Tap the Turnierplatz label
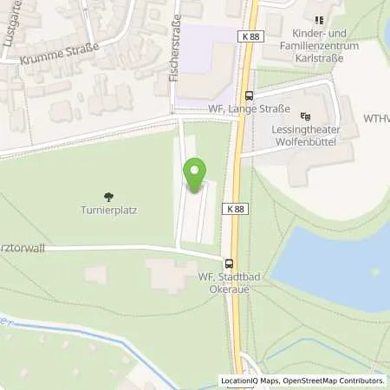(107, 210)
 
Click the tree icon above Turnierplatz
(107, 197)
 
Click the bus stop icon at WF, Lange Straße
(250, 96)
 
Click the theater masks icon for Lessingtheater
(304, 116)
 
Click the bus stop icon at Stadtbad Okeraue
(229, 264)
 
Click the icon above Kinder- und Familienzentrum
(318, 19)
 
